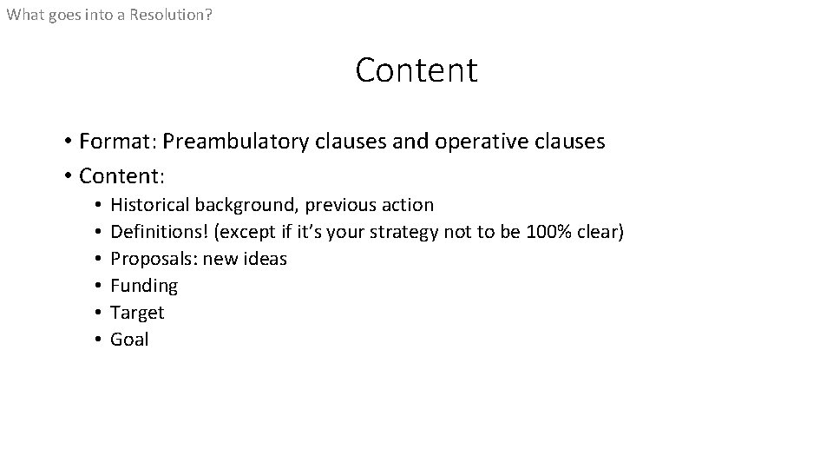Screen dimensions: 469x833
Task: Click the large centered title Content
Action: (416, 70)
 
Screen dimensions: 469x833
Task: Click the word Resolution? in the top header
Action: (170, 15)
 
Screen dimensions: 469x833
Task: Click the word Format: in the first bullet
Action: (117, 141)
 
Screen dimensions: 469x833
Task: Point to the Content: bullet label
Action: (121, 176)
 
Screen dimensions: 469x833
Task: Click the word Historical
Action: (150, 205)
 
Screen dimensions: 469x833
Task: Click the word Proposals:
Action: (154, 259)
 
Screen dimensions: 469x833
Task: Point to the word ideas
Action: (266, 259)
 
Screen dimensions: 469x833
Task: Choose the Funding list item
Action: (144, 286)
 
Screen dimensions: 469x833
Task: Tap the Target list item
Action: (137, 313)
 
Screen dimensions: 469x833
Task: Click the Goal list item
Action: (129, 340)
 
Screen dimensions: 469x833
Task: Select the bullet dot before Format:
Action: (67, 141)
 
